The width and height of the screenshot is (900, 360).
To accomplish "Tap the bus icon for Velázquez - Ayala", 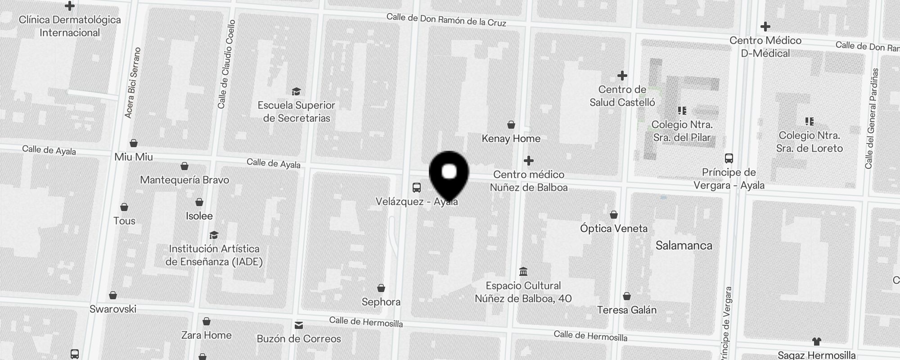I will tap(417, 188).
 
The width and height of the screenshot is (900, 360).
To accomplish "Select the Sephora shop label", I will tap(381, 301).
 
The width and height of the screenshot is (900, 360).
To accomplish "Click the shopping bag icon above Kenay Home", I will tap(511, 125).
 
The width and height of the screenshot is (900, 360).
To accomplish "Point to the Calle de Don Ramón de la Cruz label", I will tap(446, 20).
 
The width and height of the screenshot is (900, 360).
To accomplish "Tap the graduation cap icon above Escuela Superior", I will tap(296, 92).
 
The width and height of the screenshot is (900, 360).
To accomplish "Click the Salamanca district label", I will tap(684, 245).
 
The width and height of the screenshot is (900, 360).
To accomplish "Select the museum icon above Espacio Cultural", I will tap(523, 272).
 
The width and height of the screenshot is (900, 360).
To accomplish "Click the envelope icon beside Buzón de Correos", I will tap(299, 325).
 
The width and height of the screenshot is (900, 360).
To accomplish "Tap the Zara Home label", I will tap(206, 335).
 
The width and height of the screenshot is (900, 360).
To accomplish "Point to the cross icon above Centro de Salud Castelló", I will tap(622, 76).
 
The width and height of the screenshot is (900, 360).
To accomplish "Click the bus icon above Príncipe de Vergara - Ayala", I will tap(729, 158).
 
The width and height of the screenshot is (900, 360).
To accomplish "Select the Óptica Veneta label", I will tap(614, 229).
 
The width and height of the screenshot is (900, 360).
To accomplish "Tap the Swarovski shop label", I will tap(112, 309).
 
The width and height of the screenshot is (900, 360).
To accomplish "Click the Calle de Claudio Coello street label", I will tap(226, 64).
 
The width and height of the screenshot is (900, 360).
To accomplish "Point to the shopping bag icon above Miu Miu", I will tap(134, 144).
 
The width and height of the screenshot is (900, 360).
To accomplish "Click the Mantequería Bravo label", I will tap(184, 180).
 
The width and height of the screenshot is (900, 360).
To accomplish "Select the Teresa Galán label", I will tap(626, 310).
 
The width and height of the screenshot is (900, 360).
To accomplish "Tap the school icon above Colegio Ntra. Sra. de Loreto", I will tap(809, 121).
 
